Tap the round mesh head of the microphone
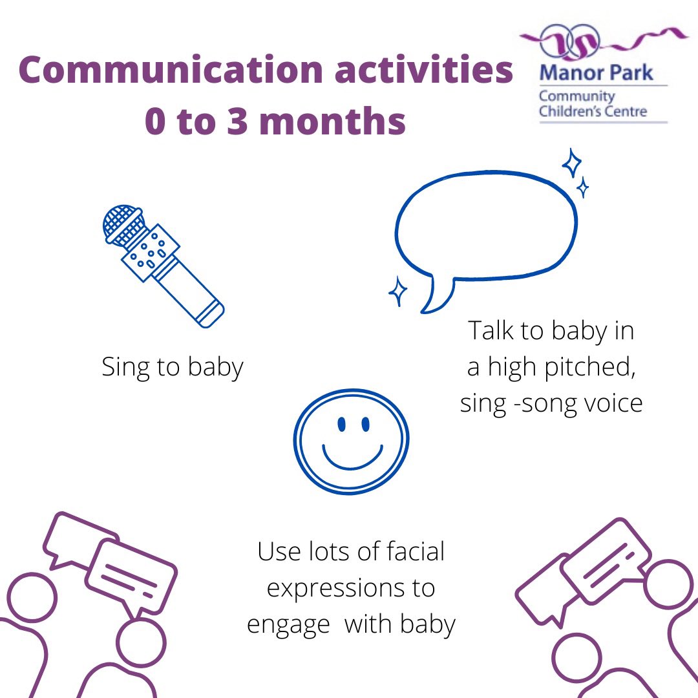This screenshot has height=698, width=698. click(123, 224)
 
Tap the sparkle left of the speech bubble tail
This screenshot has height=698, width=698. click(397, 291)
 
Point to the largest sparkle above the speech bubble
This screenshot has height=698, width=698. click(571, 163)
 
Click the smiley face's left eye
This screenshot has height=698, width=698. click(341, 424)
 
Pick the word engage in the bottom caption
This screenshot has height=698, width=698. click(288, 626)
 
